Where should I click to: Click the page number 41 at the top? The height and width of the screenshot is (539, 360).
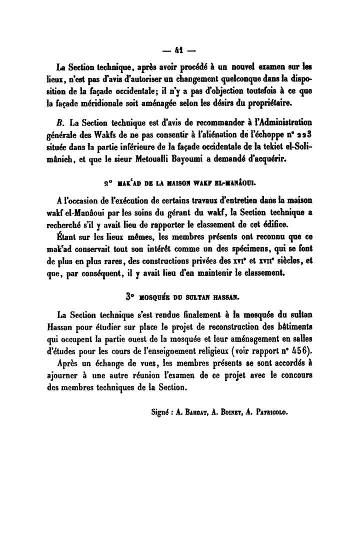point(180,50)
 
